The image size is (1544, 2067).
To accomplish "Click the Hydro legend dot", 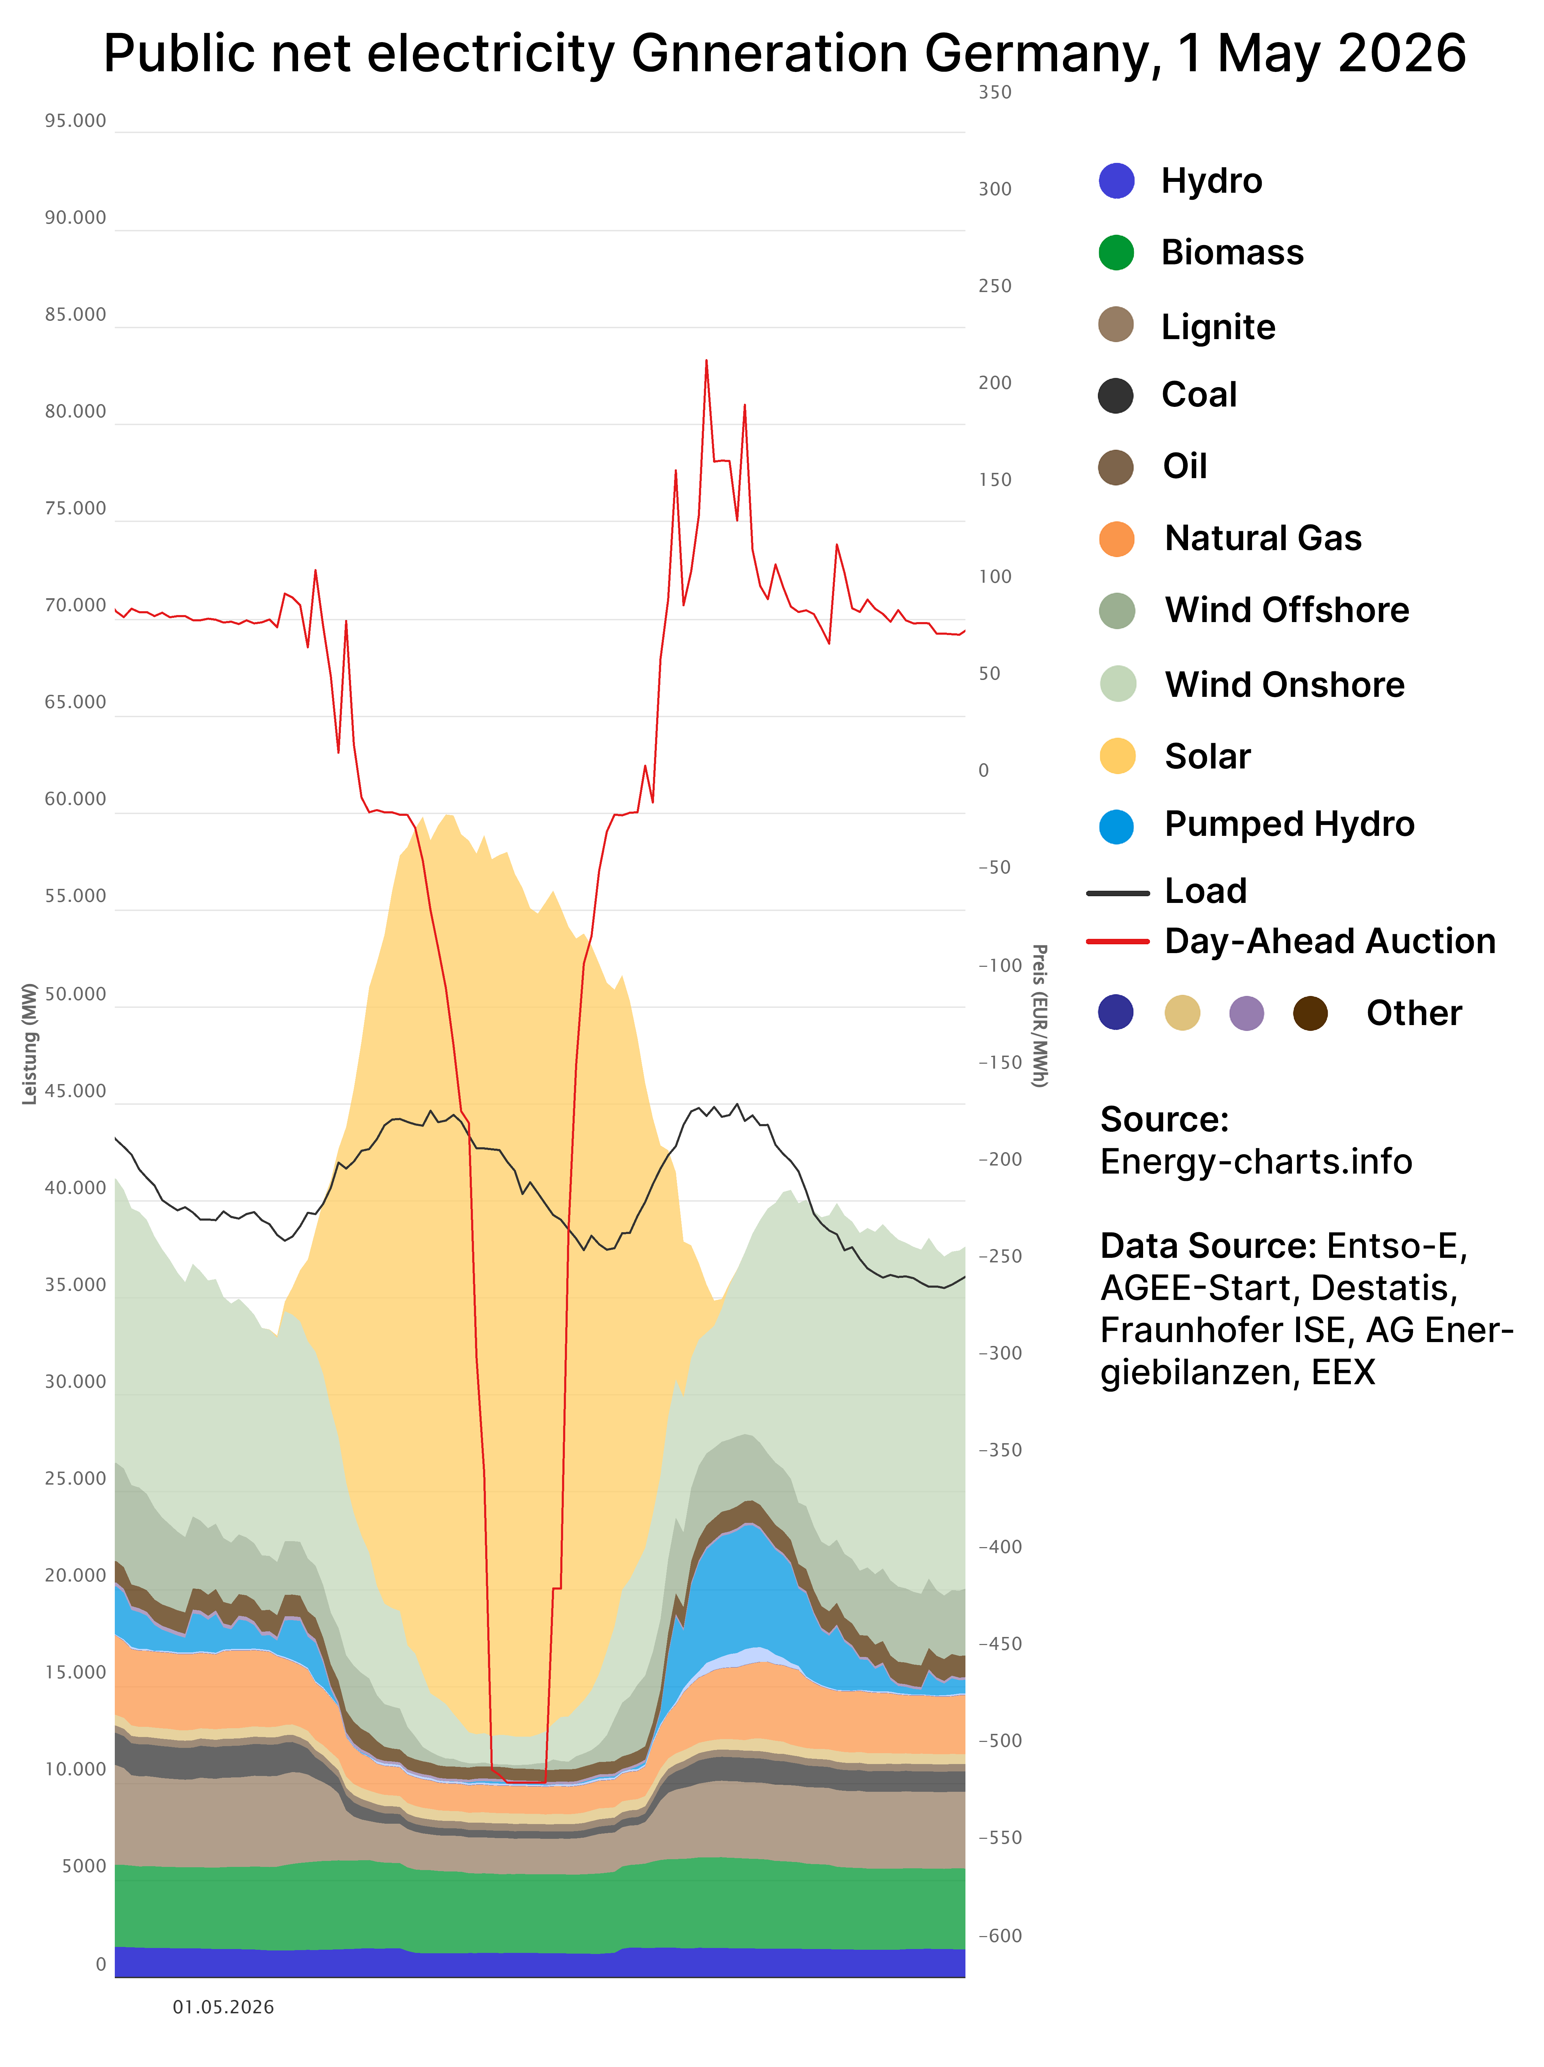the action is (1117, 180).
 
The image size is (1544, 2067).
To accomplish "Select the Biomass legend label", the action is (1232, 252).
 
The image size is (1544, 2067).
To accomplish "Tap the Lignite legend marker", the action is (1116, 324).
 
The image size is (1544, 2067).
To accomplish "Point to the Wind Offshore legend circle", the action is (1117, 610).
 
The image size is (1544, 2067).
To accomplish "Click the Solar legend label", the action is (1208, 756).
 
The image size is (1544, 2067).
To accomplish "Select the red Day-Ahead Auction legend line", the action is (1118, 941).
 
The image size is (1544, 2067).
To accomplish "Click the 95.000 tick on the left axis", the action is (76, 120).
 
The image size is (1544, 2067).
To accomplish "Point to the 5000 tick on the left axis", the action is (84, 1866).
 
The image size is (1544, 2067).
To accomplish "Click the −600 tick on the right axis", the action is (1000, 1935).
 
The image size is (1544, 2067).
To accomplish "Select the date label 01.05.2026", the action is (223, 2007).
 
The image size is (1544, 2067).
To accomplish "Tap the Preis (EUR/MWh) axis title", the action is (1039, 1016).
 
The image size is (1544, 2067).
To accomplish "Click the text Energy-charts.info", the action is (1256, 1162).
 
